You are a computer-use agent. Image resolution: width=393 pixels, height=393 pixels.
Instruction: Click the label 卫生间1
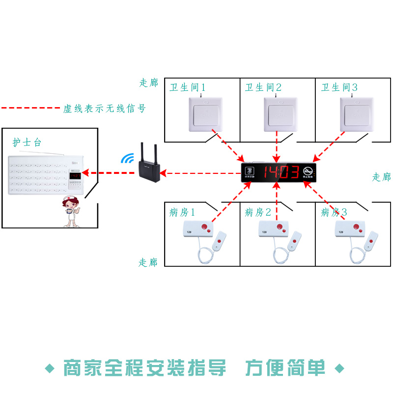pyautogui.click(x=188, y=87)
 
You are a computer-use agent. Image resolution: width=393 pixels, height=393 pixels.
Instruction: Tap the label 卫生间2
pyautogui.click(x=263, y=87)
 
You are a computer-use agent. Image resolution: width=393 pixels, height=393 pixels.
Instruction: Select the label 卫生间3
pyautogui.click(x=339, y=87)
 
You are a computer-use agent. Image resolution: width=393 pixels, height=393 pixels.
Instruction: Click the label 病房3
pyautogui.click(x=334, y=212)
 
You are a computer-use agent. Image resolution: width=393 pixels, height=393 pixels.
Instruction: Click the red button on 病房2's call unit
pyautogui.click(x=280, y=227)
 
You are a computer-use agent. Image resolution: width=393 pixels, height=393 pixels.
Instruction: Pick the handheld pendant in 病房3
pyautogui.click(x=371, y=240)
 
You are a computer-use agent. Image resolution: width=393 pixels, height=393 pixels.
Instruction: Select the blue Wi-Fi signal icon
pyautogui.click(x=128, y=158)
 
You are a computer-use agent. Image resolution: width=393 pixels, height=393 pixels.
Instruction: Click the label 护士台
pyautogui.click(x=27, y=143)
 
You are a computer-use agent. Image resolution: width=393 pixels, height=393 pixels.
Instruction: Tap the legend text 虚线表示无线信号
pyautogui.click(x=104, y=109)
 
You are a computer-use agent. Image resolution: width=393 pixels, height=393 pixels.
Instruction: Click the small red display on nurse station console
pyautogui.click(x=76, y=175)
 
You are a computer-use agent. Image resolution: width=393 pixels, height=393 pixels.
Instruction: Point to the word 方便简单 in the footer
pyautogui.click(x=285, y=367)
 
